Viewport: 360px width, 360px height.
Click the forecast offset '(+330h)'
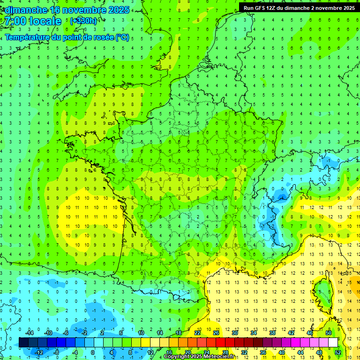[x=83, y=21]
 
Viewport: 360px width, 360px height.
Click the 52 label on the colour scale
[x=337, y=352]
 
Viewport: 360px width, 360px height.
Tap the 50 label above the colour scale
[x=329, y=333]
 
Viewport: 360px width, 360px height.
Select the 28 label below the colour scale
[x=225, y=352]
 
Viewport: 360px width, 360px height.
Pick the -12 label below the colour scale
[x=38, y=352]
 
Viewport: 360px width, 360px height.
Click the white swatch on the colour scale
[x=333, y=342]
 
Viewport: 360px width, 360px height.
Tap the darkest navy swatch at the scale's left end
[x=23, y=342]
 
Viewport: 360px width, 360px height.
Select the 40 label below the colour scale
[x=282, y=352]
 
